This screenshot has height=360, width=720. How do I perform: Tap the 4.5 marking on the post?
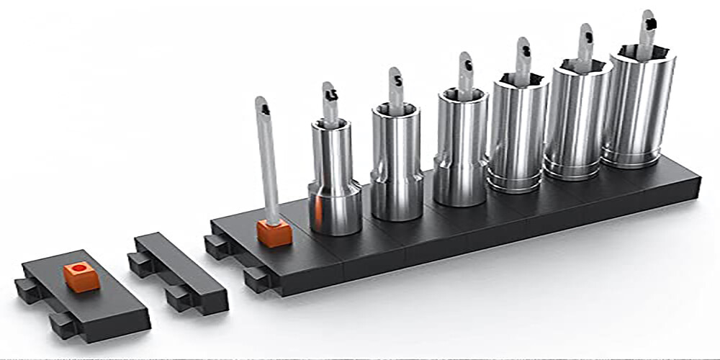coord(331,95)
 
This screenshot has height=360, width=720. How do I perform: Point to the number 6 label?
coord(467,65)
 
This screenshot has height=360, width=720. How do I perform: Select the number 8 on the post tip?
coord(526,50)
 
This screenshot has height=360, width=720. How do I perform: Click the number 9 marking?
coord(588,35)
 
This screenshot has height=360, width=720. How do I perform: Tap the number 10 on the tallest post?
coord(650,22)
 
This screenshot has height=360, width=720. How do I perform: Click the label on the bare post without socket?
coord(264,109)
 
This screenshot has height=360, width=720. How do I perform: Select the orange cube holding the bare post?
coord(274,233)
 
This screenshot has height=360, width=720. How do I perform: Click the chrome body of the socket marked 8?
coord(517,130)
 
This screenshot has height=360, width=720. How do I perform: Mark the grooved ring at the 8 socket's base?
coord(513,180)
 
